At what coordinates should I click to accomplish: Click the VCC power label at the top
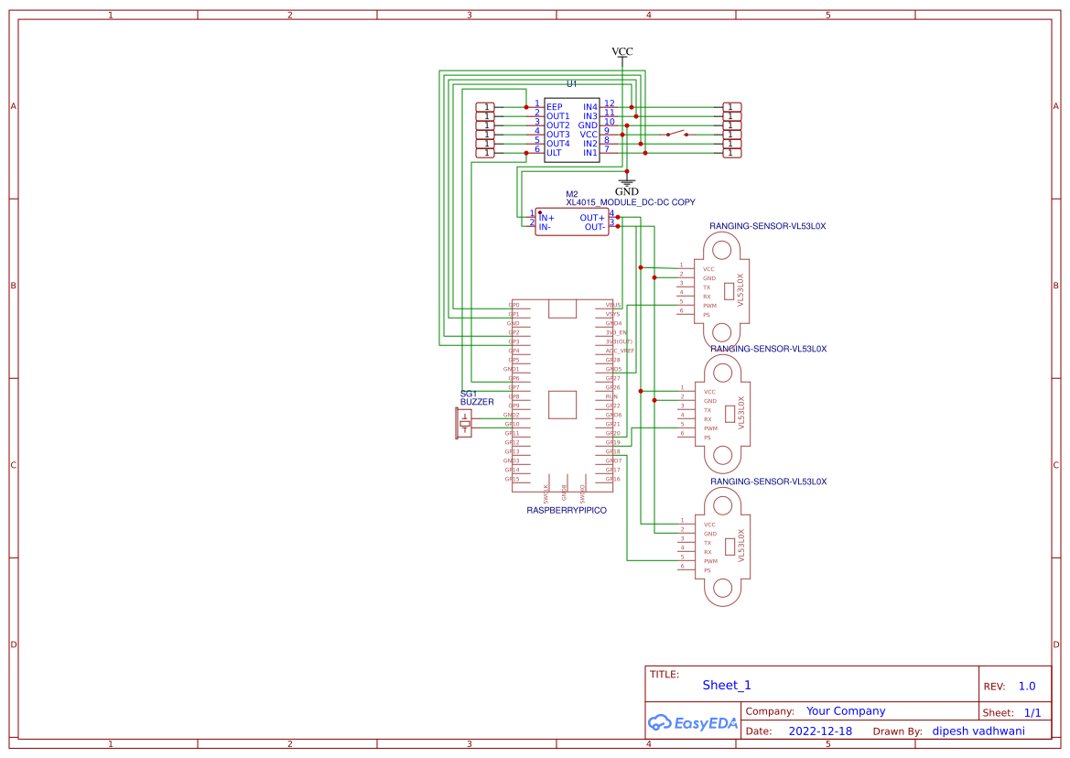621,51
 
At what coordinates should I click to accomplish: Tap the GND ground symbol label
626,191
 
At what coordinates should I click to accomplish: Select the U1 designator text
572,83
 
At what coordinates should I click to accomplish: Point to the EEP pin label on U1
555,107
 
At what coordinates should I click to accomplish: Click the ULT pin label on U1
555,153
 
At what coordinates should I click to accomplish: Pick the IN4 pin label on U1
589,107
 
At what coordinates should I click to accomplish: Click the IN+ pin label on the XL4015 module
546,218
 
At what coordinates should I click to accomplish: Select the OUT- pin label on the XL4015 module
594,227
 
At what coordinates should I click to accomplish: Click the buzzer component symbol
465,423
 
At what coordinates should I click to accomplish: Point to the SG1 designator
469,394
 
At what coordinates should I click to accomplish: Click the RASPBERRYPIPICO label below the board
566,510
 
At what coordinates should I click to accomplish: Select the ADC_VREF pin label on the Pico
620,351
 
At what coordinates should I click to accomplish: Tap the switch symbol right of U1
677,135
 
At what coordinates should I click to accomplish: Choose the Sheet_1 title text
727,685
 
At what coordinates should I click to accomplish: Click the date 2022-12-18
820,731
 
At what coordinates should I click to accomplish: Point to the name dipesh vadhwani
978,731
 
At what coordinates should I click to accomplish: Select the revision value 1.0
1027,686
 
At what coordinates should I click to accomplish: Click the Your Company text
846,711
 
